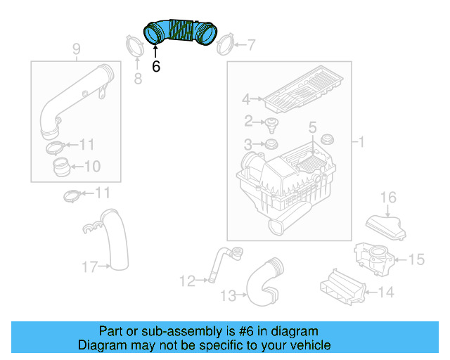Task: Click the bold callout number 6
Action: (156, 67)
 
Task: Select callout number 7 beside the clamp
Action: (251, 46)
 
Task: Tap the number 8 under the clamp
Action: (138, 79)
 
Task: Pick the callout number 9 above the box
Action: (77, 49)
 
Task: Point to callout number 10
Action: (93, 167)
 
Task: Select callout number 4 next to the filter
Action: (246, 99)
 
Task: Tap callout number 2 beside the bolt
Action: (248, 122)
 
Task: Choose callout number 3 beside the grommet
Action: (248, 145)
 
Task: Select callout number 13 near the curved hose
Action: (229, 297)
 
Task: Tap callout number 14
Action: (386, 291)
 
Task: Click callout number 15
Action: (416, 260)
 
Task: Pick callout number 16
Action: (389, 197)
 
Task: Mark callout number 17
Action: (90, 266)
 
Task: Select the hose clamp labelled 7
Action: (224, 47)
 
